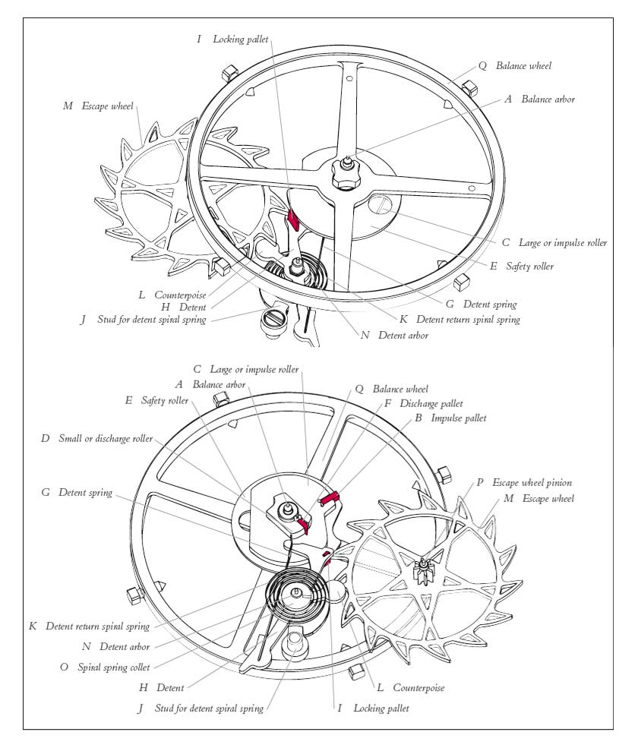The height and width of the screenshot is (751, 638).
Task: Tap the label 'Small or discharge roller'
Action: click(106, 439)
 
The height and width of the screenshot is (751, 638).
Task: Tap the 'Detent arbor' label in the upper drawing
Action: click(403, 335)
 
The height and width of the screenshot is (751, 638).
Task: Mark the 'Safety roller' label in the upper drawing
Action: click(532, 267)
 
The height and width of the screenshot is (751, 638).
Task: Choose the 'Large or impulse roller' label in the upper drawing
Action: click(563, 243)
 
